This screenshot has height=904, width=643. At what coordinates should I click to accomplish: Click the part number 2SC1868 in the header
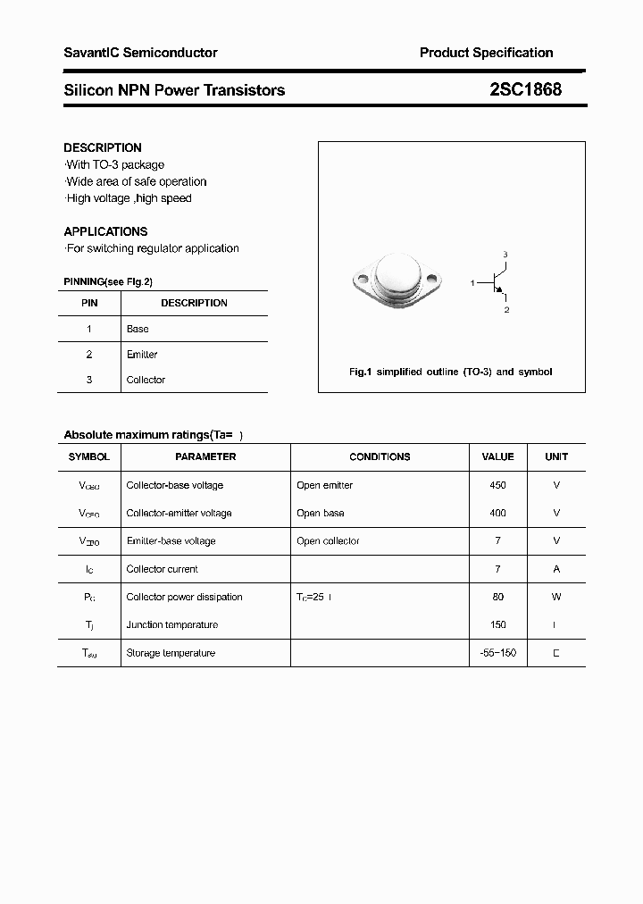pos(524,89)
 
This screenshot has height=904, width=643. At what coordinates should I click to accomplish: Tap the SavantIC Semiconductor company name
pos(140,53)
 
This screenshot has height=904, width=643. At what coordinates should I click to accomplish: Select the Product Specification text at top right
pos(486,53)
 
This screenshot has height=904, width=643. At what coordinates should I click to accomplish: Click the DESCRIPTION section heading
pos(103,147)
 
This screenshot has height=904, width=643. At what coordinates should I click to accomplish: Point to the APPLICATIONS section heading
pos(105,231)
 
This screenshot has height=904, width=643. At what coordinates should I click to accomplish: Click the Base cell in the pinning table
pos(138,329)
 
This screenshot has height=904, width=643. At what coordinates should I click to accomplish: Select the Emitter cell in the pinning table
pos(142,355)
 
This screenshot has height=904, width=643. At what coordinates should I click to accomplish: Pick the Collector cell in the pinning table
pos(146,380)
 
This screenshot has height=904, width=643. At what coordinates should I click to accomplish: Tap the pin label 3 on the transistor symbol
pos(505,255)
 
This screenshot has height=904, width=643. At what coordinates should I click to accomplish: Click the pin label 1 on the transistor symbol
pos(472,283)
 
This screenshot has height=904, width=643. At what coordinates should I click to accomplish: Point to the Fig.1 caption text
pos(450,372)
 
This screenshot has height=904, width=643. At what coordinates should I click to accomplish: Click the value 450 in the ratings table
pos(497,485)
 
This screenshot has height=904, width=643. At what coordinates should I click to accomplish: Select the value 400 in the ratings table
pos(497,513)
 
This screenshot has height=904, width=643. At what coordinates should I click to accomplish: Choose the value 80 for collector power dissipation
pos(497,597)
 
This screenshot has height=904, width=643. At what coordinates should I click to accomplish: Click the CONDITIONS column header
pos(380,456)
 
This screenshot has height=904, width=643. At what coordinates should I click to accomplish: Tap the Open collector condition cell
pos(328,541)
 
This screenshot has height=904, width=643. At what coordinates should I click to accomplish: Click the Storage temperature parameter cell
pos(171,653)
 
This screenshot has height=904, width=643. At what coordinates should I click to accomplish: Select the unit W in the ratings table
pos(556,597)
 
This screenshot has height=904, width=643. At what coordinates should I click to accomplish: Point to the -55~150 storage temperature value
pos(497,653)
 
